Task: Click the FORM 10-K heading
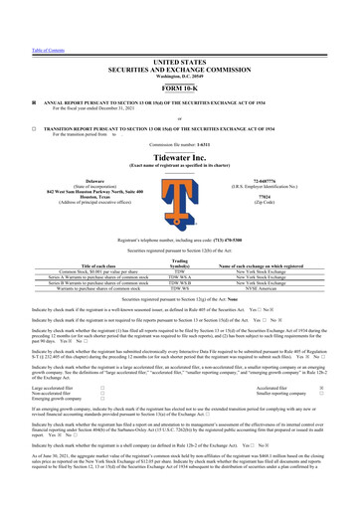(180, 60)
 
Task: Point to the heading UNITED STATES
(180, 32)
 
